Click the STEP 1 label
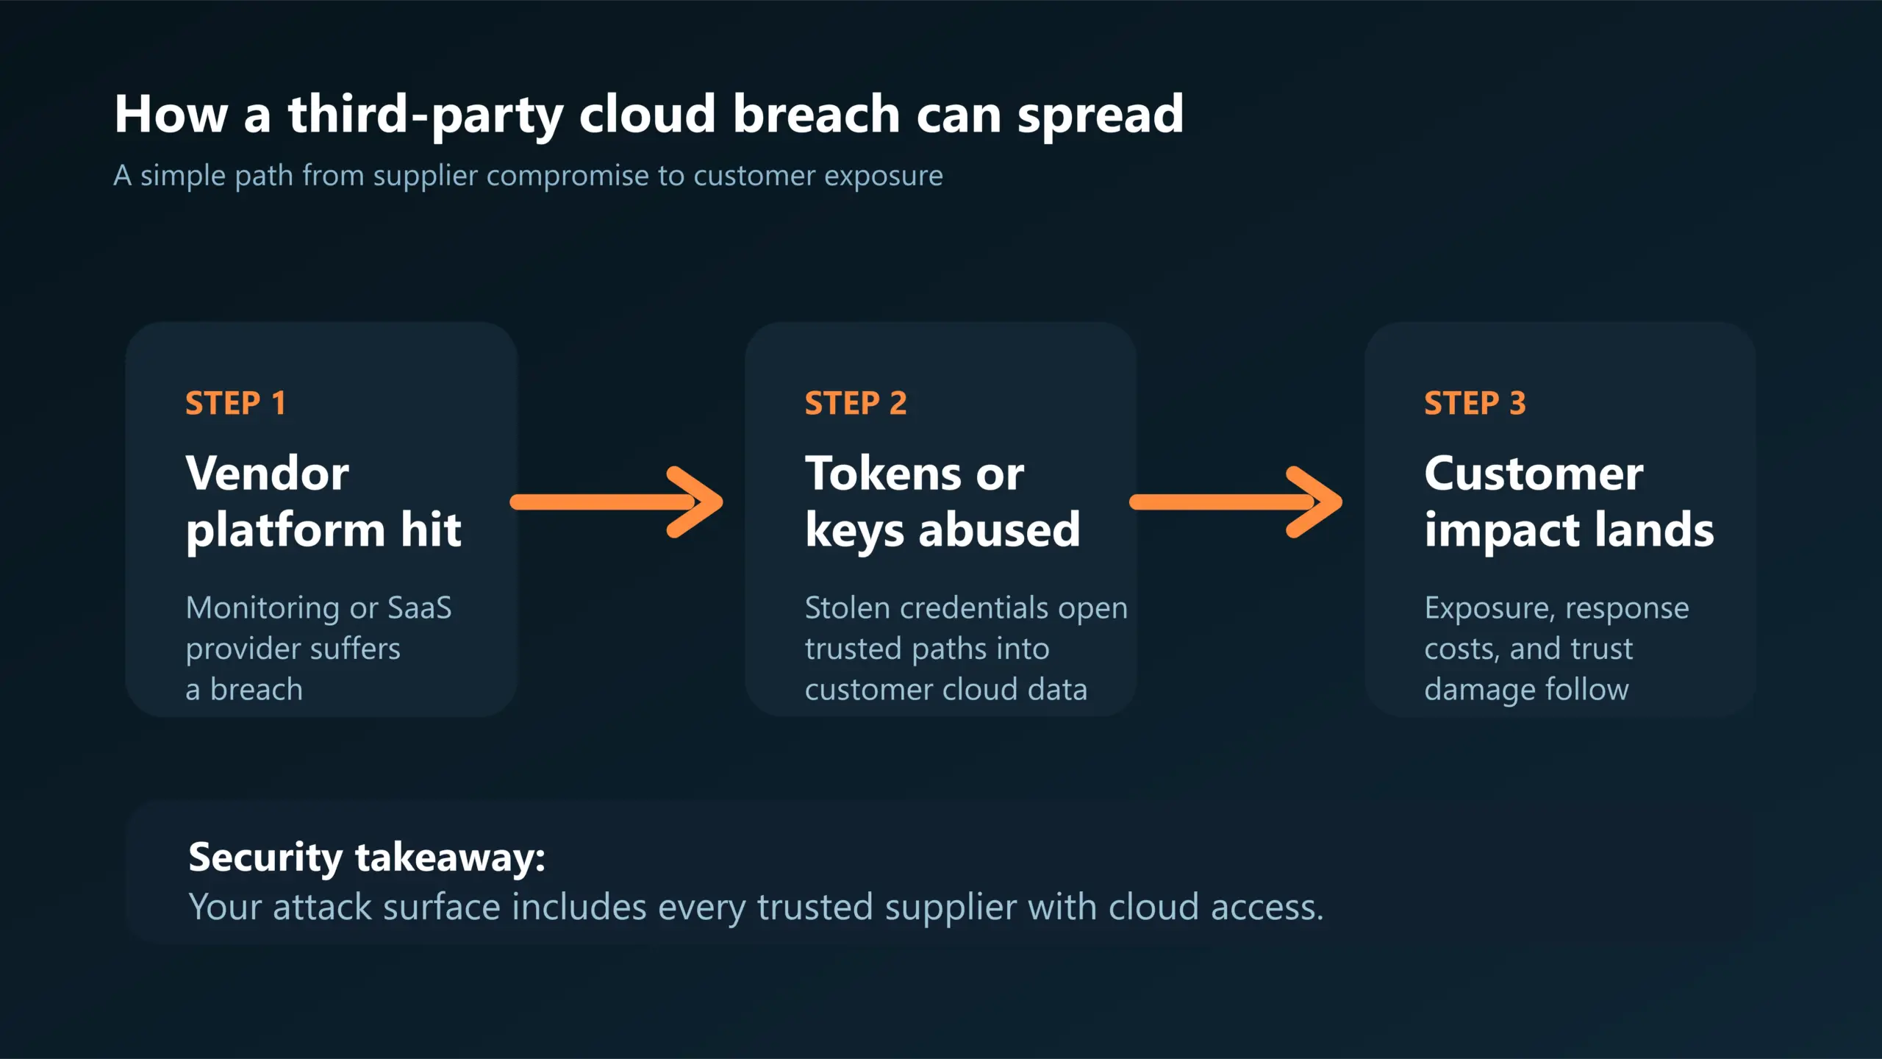pos(235,403)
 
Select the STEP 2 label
pos(856,403)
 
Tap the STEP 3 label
pos(1475,403)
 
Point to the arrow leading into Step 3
pos(1235,502)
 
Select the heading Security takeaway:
pos(367,857)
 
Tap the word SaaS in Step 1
pos(419,607)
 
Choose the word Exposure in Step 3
pos(1488,607)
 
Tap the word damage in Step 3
pos(1479,690)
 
